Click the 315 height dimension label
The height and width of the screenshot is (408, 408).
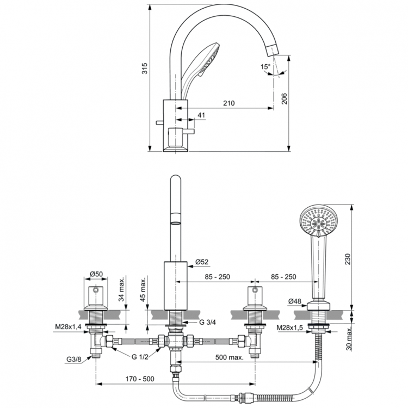pyautogui.click(x=144, y=68)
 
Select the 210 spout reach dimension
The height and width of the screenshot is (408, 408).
pyautogui.click(x=228, y=103)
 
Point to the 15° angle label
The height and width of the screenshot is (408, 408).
pyautogui.click(x=265, y=67)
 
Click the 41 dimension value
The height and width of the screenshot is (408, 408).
pyautogui.click(x=201, y=115)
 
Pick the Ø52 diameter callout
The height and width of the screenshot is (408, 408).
pyautogui.click(x=202, y=262)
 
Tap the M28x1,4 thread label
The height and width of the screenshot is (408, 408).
pyautogui.click(x=67, y=326)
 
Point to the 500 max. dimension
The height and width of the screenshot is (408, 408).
pyautogui.click(x=228, y=357)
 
